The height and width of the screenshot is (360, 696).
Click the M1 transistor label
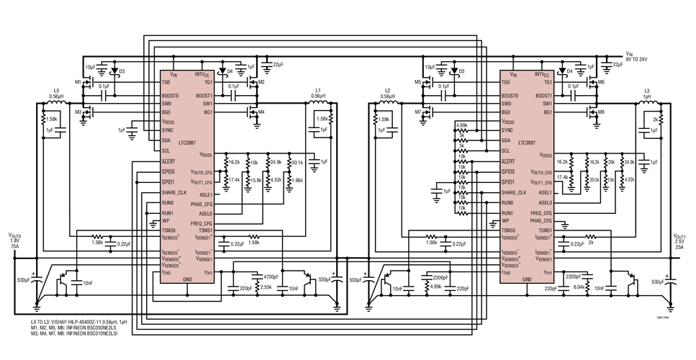(78, 83)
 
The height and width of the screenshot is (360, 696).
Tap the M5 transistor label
(417, 83)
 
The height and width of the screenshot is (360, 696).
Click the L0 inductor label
(57, 90)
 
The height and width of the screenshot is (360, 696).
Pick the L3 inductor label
(647, 90)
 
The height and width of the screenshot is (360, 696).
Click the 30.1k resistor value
(297, 163)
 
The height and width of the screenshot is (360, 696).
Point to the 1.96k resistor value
(297, 179)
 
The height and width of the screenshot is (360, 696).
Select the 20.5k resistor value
(594, 179)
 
